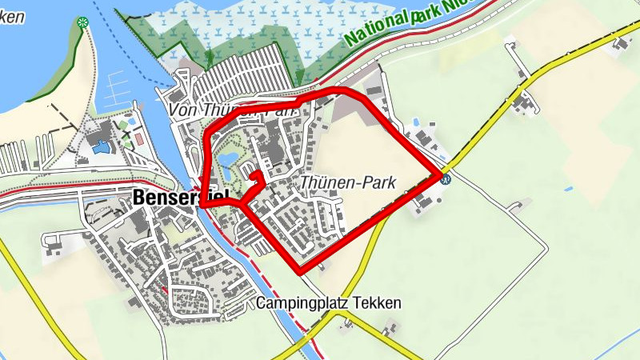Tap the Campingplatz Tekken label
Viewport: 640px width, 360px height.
328,304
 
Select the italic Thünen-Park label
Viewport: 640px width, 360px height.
348,183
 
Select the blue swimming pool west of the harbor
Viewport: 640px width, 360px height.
102,146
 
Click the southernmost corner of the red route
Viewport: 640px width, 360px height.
302,271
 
